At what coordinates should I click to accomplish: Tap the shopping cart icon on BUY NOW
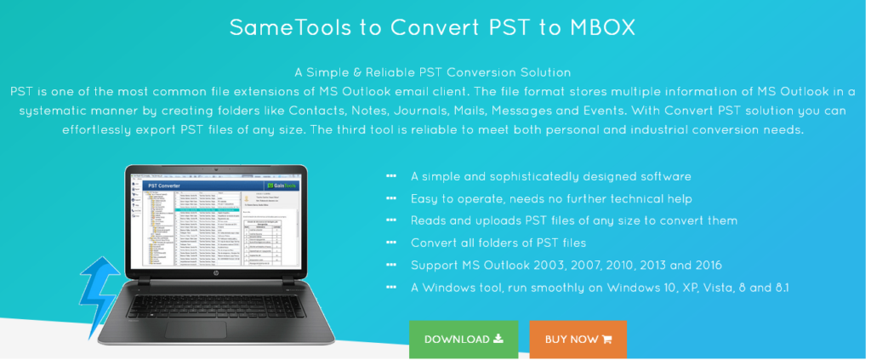click(x=607, y=340)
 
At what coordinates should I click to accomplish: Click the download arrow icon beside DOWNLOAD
click(x=498, y=339)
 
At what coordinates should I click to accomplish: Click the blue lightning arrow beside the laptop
click(x=100, y=289)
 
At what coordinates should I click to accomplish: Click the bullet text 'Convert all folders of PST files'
click(x=499, y=243)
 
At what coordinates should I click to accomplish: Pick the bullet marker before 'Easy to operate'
click(x=391, y=198)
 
